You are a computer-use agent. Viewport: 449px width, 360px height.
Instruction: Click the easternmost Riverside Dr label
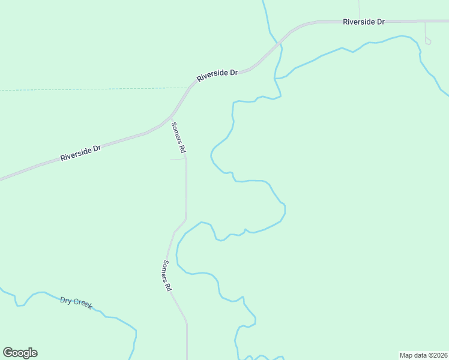363,22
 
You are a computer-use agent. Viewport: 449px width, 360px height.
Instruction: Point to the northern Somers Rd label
179,137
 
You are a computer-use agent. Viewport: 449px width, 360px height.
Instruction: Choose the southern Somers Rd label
167,276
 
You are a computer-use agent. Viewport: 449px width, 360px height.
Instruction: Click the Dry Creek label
76,302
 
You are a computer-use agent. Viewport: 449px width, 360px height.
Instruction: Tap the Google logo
20,353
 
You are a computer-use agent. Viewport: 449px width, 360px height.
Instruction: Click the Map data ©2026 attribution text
423,355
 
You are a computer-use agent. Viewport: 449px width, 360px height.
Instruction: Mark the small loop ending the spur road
428,41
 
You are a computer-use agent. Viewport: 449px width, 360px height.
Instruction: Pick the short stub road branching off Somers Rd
178,159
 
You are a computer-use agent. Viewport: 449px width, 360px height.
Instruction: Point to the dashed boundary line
90,89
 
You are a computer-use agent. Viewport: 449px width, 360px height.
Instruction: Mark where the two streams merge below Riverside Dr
276,79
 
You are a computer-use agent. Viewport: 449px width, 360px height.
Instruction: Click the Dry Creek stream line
114,317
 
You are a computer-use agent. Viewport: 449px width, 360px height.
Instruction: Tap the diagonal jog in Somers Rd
179,226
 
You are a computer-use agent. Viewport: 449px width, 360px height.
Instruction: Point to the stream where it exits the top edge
264,2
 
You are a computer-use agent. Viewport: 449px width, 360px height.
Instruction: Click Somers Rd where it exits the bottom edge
187,358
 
